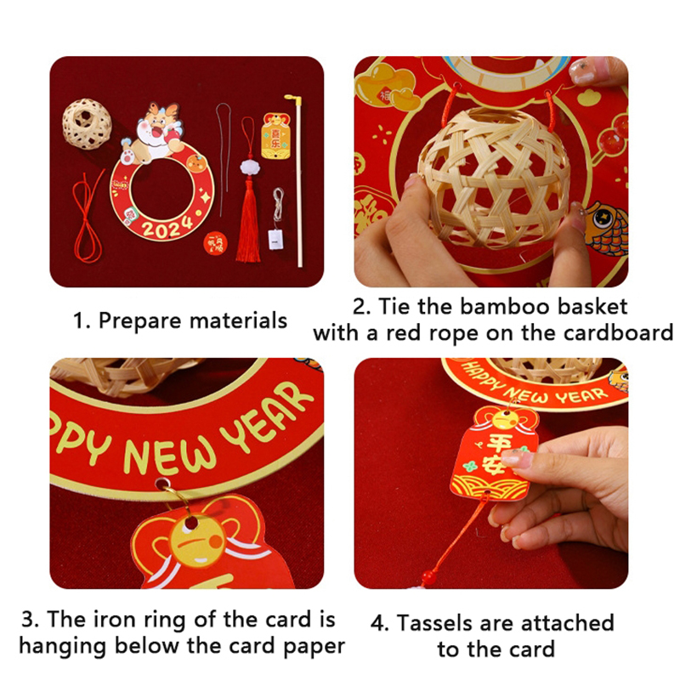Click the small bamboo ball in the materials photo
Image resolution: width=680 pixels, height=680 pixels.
[x=87, y=123]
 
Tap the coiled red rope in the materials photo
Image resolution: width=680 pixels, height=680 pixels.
[x=88, y=217]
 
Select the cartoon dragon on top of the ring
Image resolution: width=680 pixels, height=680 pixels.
[x=153, y=133]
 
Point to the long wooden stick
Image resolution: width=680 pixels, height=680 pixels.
[x=297, y=180]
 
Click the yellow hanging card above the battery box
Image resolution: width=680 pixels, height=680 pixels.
[x=275, y=136]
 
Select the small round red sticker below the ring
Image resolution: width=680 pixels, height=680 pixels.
[x=216, y=244]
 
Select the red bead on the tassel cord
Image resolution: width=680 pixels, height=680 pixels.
[x=428, y=577]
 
